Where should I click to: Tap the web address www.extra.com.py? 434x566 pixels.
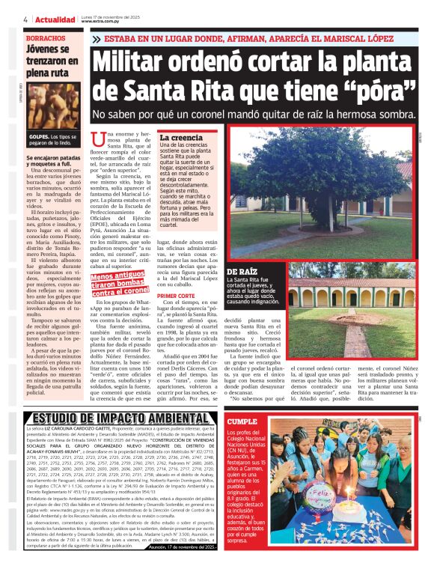click(x=101, y=21)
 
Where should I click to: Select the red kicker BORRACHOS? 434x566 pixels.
click(x=45, y=37)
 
